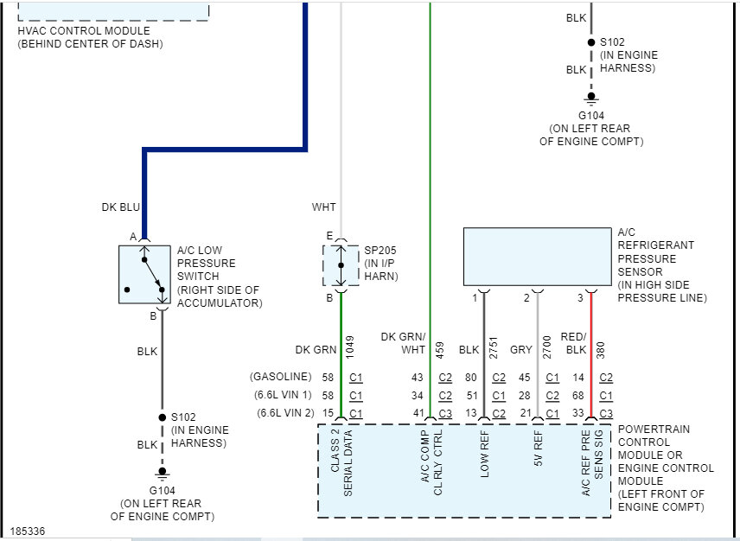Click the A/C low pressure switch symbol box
[x=144, y=274]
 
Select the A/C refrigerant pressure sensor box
[x=537, y=258]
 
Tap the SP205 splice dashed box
[x=341, y=264]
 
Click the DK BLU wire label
[x=120, y=207]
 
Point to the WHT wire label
[x=324, y=207]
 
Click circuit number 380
[x=600, y=347]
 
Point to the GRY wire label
[x=521, y=350]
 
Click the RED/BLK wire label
[x=574, y=343]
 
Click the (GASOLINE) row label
[x=281, y=378]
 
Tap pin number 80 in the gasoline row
[x=471, y=378]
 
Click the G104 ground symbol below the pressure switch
[x=162, y=474]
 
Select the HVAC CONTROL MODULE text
[x=83, y=31]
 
